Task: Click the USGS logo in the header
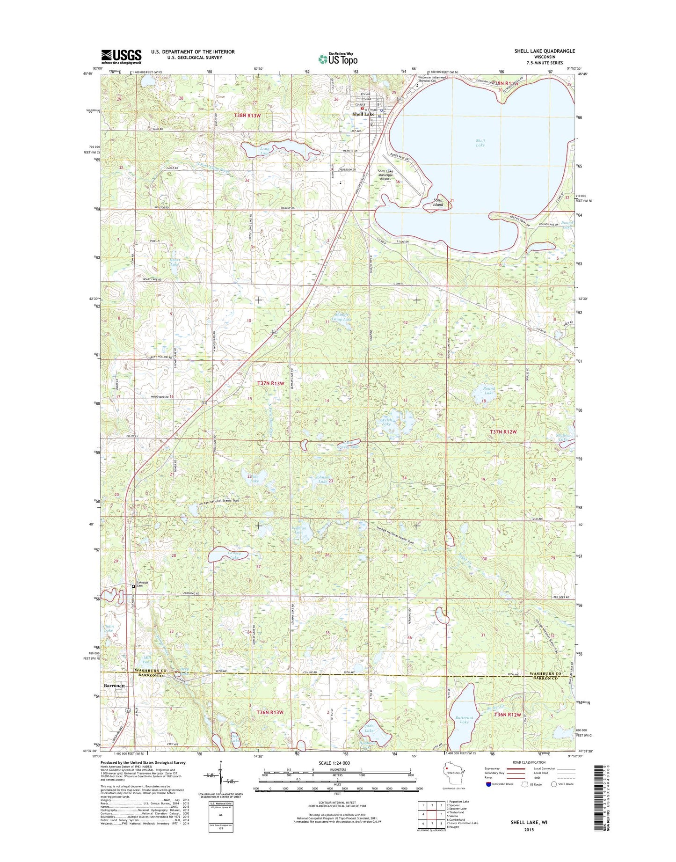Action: [x=121, y=57]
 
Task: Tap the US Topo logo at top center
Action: [x=338, y=59]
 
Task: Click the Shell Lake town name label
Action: [x=363, y=114]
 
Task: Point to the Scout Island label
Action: [x=438, y=202]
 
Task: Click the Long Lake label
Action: [x=264, y=151]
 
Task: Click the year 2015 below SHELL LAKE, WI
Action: [x=529, y=830]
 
